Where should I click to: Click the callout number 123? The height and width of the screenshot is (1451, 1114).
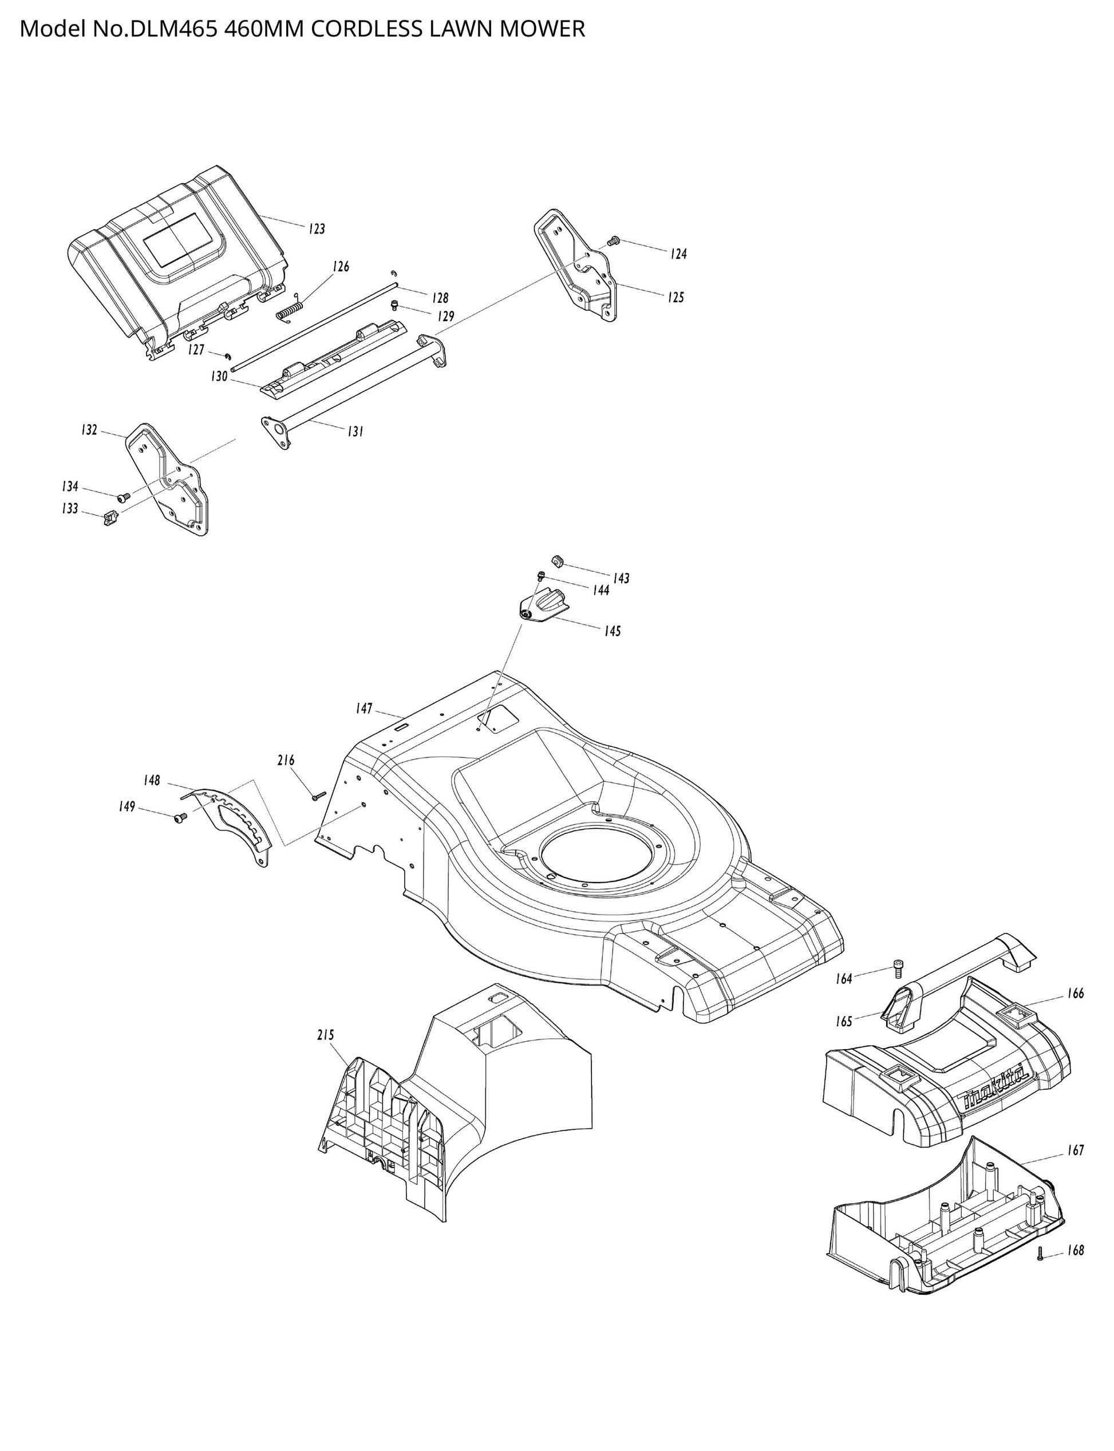tap(317, 229)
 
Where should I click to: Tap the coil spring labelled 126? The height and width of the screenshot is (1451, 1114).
tap(290, 310)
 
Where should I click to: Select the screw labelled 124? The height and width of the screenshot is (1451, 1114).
tap(613, 240)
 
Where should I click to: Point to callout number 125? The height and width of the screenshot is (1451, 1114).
tap(675, 297)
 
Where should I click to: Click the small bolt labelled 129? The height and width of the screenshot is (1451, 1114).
tap(395, 305)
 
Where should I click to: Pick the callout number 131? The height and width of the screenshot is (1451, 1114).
tap(355, 432)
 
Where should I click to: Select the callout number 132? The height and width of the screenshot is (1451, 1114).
tap(89, 430)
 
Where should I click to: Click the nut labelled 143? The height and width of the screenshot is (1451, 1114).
tap(558, 562)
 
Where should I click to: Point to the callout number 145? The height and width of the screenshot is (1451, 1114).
tap(612, 631)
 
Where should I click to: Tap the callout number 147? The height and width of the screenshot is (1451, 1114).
tap(364, 709)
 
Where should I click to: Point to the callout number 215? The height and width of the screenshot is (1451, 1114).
tap(326, 1035)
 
